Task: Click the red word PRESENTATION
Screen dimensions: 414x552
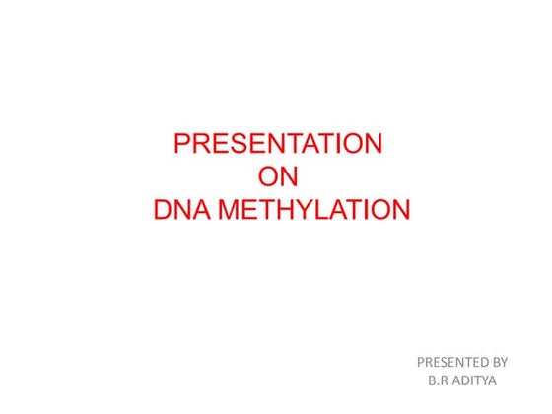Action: pyautogui.click(x=278, y=144)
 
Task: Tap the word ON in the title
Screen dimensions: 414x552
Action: pyautogui.click(x=277, y=176)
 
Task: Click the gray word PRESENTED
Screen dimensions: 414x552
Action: pyautogui.click(x=451, y=361)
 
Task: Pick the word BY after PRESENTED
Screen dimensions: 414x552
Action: pyautogui.click(x=499, y=361)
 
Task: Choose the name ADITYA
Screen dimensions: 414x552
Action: pyautogui.click(x=474, y=379)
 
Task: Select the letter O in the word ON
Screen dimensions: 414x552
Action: pyautogui.click(x=266, y=176)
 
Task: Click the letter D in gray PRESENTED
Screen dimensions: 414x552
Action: pyautogui.click(x=480, y=361)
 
